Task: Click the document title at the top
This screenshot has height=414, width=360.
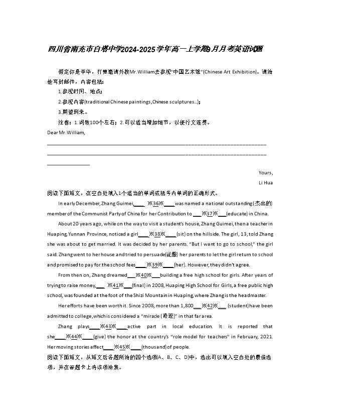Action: tap(155, 49)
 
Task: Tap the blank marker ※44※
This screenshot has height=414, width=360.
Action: tap(74, 337)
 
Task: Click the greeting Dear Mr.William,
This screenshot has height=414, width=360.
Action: tap(66, 132)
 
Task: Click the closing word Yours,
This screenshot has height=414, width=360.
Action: tap(266, 173)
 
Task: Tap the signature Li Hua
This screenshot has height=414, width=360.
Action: tap(265, 183)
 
